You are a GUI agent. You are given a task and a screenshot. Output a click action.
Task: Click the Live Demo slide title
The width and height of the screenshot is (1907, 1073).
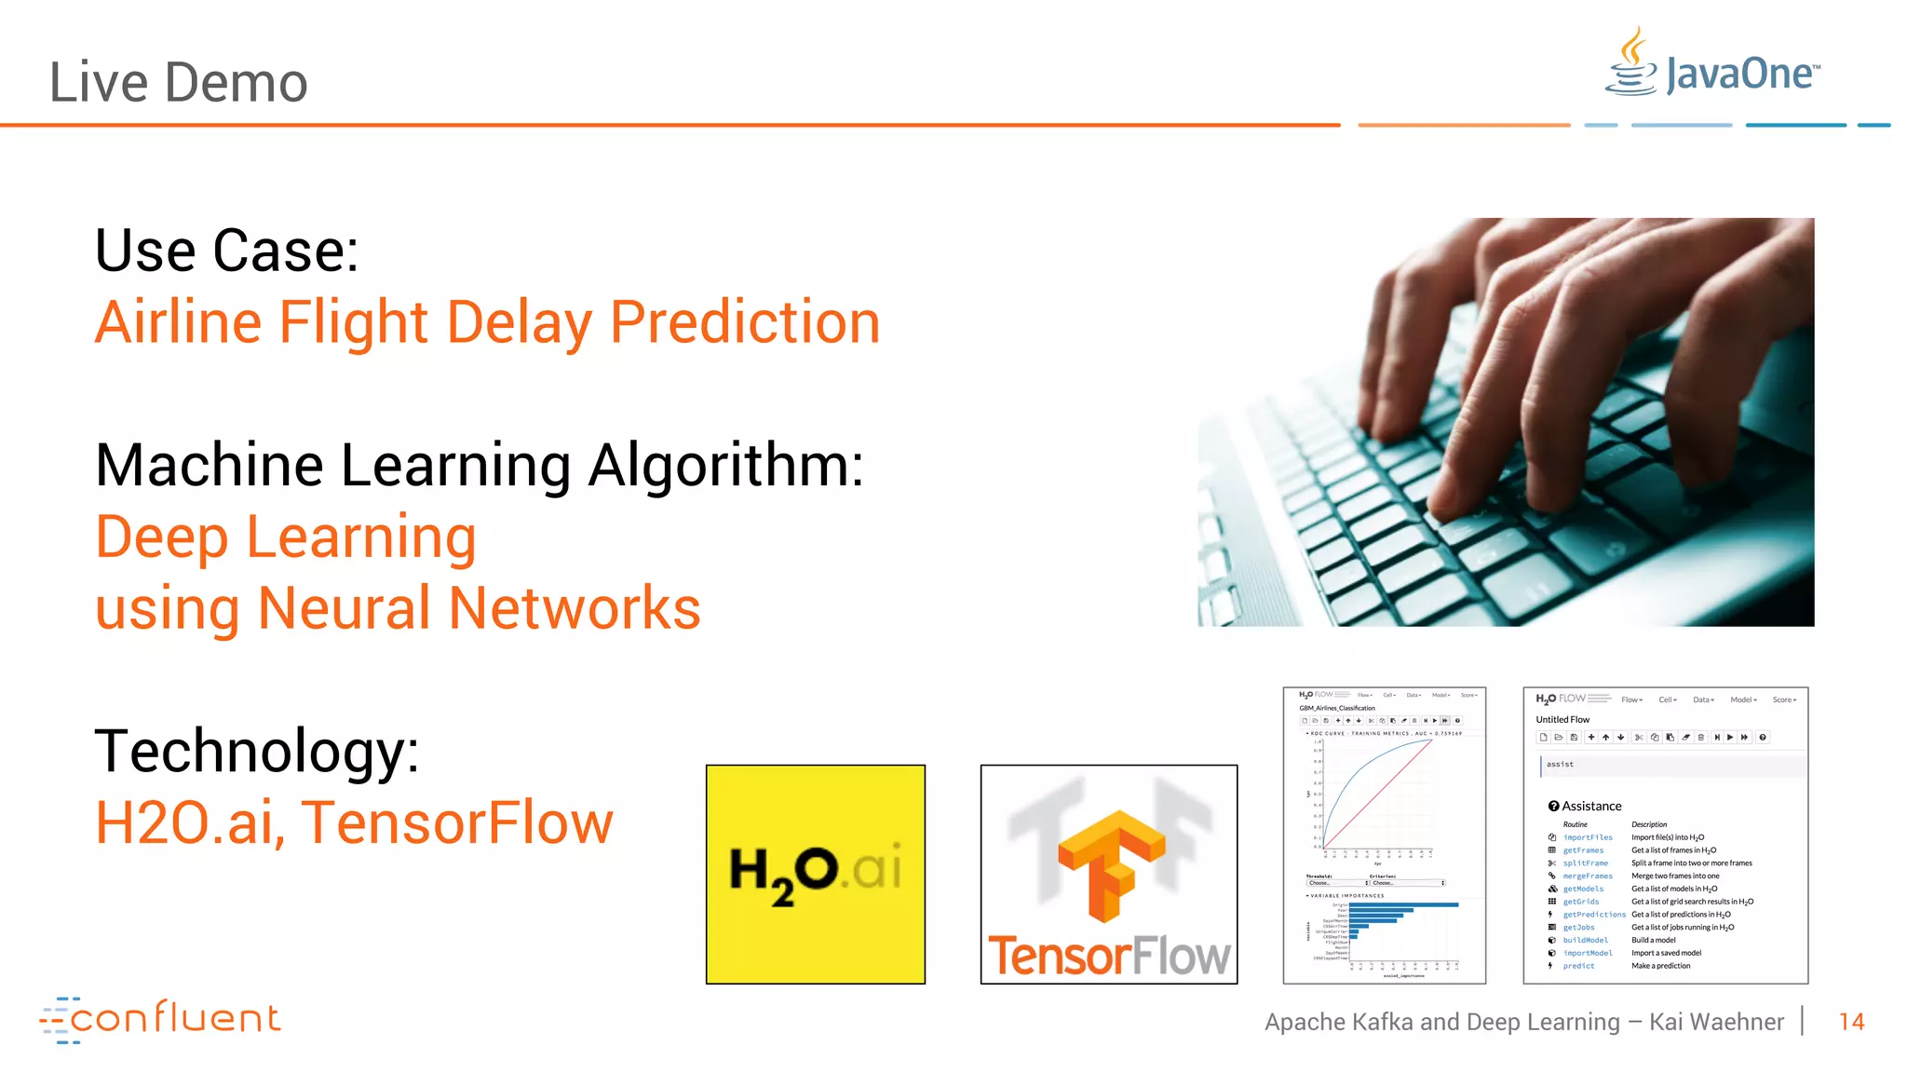pyautogui.click(x=178, y=82)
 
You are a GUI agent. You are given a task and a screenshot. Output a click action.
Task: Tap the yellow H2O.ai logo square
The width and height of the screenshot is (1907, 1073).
pyautogui.click(x=815, y=874)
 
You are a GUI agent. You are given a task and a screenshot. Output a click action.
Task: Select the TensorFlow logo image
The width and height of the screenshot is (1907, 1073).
pyautogui.click(x=1108, y=874)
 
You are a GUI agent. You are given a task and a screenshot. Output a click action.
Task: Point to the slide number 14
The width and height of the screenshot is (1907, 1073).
pyautogui.click(x=1851, y=1022)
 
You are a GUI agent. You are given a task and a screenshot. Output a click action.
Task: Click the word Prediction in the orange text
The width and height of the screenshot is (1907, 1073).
pyautogui.click(x=745, y=322)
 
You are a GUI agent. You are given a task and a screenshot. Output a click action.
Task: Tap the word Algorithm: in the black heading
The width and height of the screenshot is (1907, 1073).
pyautogui.click(x=726, y=466)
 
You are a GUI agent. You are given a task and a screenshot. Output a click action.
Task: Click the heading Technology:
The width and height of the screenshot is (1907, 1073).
pyautogui.click(x=257, y=751)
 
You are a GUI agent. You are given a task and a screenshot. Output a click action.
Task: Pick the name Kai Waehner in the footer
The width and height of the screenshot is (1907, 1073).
pyautogui.click(x=1716, y=1022)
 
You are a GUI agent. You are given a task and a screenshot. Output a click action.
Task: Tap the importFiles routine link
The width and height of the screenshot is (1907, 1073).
pyautogui.click(x=1588, y=837)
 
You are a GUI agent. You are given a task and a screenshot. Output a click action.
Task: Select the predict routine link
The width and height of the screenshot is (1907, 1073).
pyautogui.click(x=1578, y=966)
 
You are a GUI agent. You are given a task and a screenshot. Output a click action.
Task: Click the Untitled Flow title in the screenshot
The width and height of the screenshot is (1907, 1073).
pyautogui.click(x=1562, y=719)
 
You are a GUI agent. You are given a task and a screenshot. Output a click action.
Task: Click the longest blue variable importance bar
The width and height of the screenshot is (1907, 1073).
pyautogui.click(x=1403, y=904)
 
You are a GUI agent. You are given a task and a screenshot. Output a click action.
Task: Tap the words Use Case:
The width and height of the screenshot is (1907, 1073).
pyautogui.click(x=226, y=251)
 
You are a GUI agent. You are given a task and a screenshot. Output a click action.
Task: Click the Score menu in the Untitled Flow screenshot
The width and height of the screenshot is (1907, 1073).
pyautogui.click(x=1783, y=699)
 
